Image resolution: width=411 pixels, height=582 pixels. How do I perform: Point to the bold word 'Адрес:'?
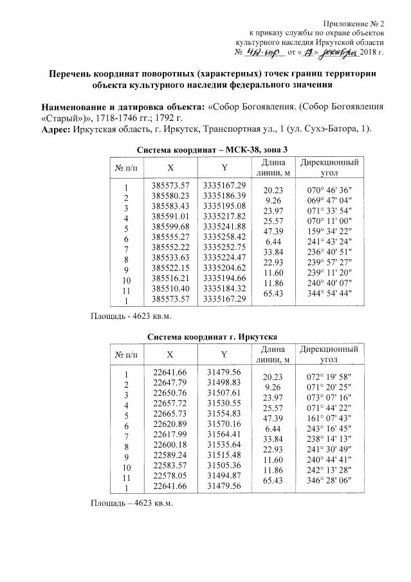pyautogui.click(x=57, y=129)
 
